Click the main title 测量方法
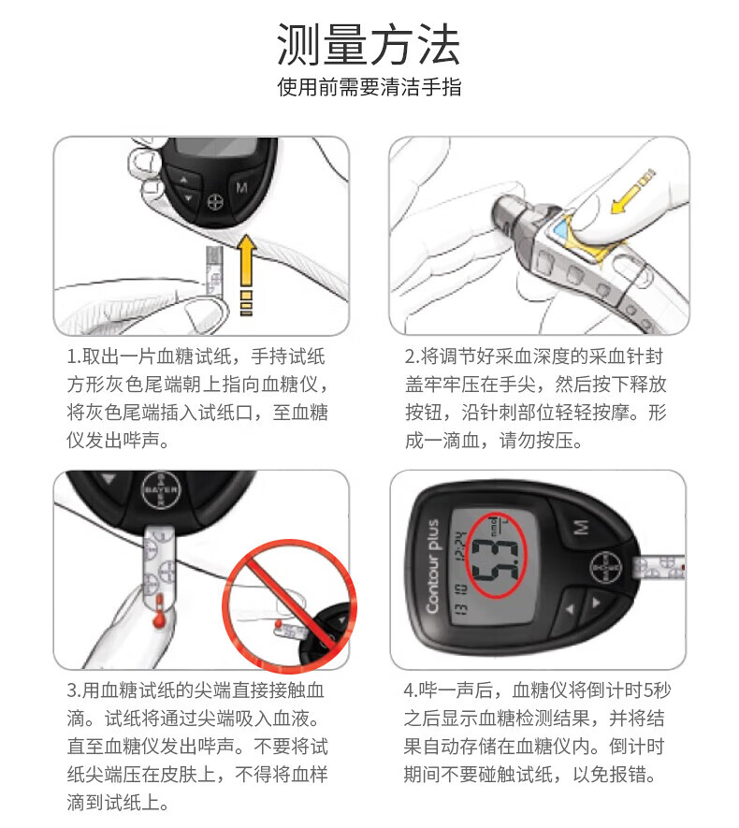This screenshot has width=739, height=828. click(369, 44)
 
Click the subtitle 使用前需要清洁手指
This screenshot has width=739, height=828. click(369, 87)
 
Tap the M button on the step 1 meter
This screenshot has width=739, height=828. click(241, 187)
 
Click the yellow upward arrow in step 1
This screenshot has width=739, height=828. click(246, 274)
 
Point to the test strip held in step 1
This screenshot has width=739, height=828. click(214, 270)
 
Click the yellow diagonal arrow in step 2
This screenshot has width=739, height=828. click(631, 192)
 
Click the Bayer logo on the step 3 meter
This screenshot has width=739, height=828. click(161, 489)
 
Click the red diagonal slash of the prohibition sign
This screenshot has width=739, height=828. click(289, 605)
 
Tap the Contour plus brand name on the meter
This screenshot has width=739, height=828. click(432, 566)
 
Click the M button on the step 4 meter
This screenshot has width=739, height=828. click(582, 527)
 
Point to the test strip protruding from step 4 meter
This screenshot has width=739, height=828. click(659, 568)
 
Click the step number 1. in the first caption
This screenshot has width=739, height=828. click(74, 356)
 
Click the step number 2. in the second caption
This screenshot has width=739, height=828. click(413, 356)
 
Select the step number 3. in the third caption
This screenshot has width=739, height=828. click(75, 690)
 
